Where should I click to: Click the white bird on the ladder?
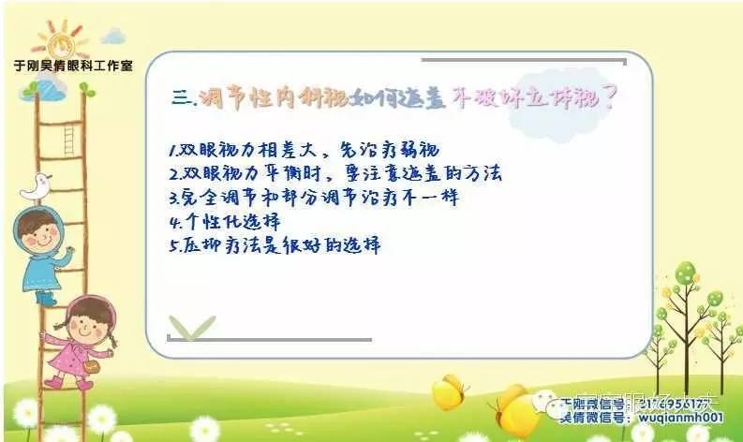coord(37,186)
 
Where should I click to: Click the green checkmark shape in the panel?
coord(192,326)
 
